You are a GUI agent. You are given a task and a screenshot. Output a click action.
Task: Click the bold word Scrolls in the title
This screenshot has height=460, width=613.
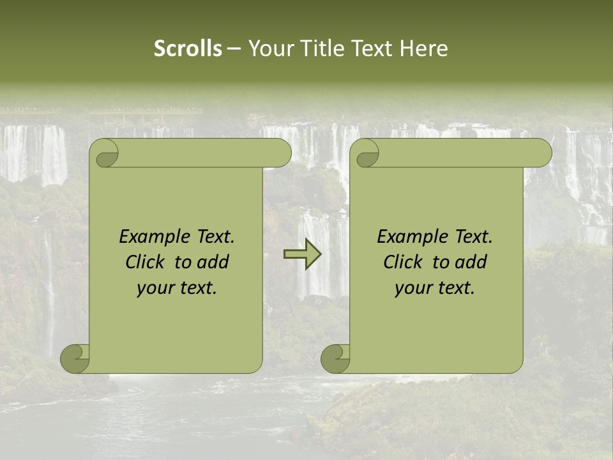coord(188,48)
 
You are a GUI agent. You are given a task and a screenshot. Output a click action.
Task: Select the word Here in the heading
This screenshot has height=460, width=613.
coord(424,48)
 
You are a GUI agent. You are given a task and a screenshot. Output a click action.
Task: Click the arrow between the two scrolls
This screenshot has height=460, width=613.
coord(303,254)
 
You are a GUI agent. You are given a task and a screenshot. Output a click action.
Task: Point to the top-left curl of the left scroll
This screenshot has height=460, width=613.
coord(104,153)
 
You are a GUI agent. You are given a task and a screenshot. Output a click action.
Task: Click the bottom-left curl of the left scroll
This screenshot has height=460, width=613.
coord(75,358)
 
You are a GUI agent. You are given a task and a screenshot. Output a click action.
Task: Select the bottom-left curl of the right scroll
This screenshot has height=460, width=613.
coord(335,358)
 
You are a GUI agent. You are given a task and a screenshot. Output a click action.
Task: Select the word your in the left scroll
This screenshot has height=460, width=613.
coord(154,288)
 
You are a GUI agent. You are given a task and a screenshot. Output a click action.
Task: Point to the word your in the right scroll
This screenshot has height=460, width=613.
coord(412,288)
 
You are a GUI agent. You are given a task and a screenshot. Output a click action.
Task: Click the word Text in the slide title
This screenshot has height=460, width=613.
coord(372,48)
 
